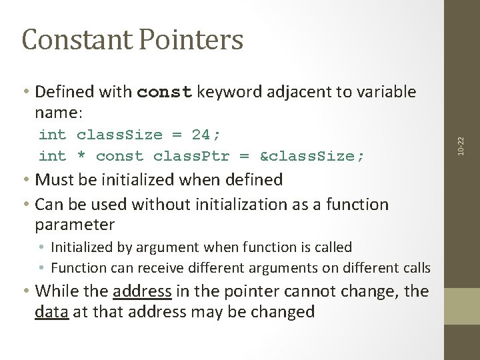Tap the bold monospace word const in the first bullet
[x=164, y=91]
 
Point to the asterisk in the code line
[x=81, y=156]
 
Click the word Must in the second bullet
[x=53, y=180]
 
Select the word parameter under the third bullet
[x=75, y=224]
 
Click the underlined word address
[x=142, y=291]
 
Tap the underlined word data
[x=51, y=311]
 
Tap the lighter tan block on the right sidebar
[x=462, y=306]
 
